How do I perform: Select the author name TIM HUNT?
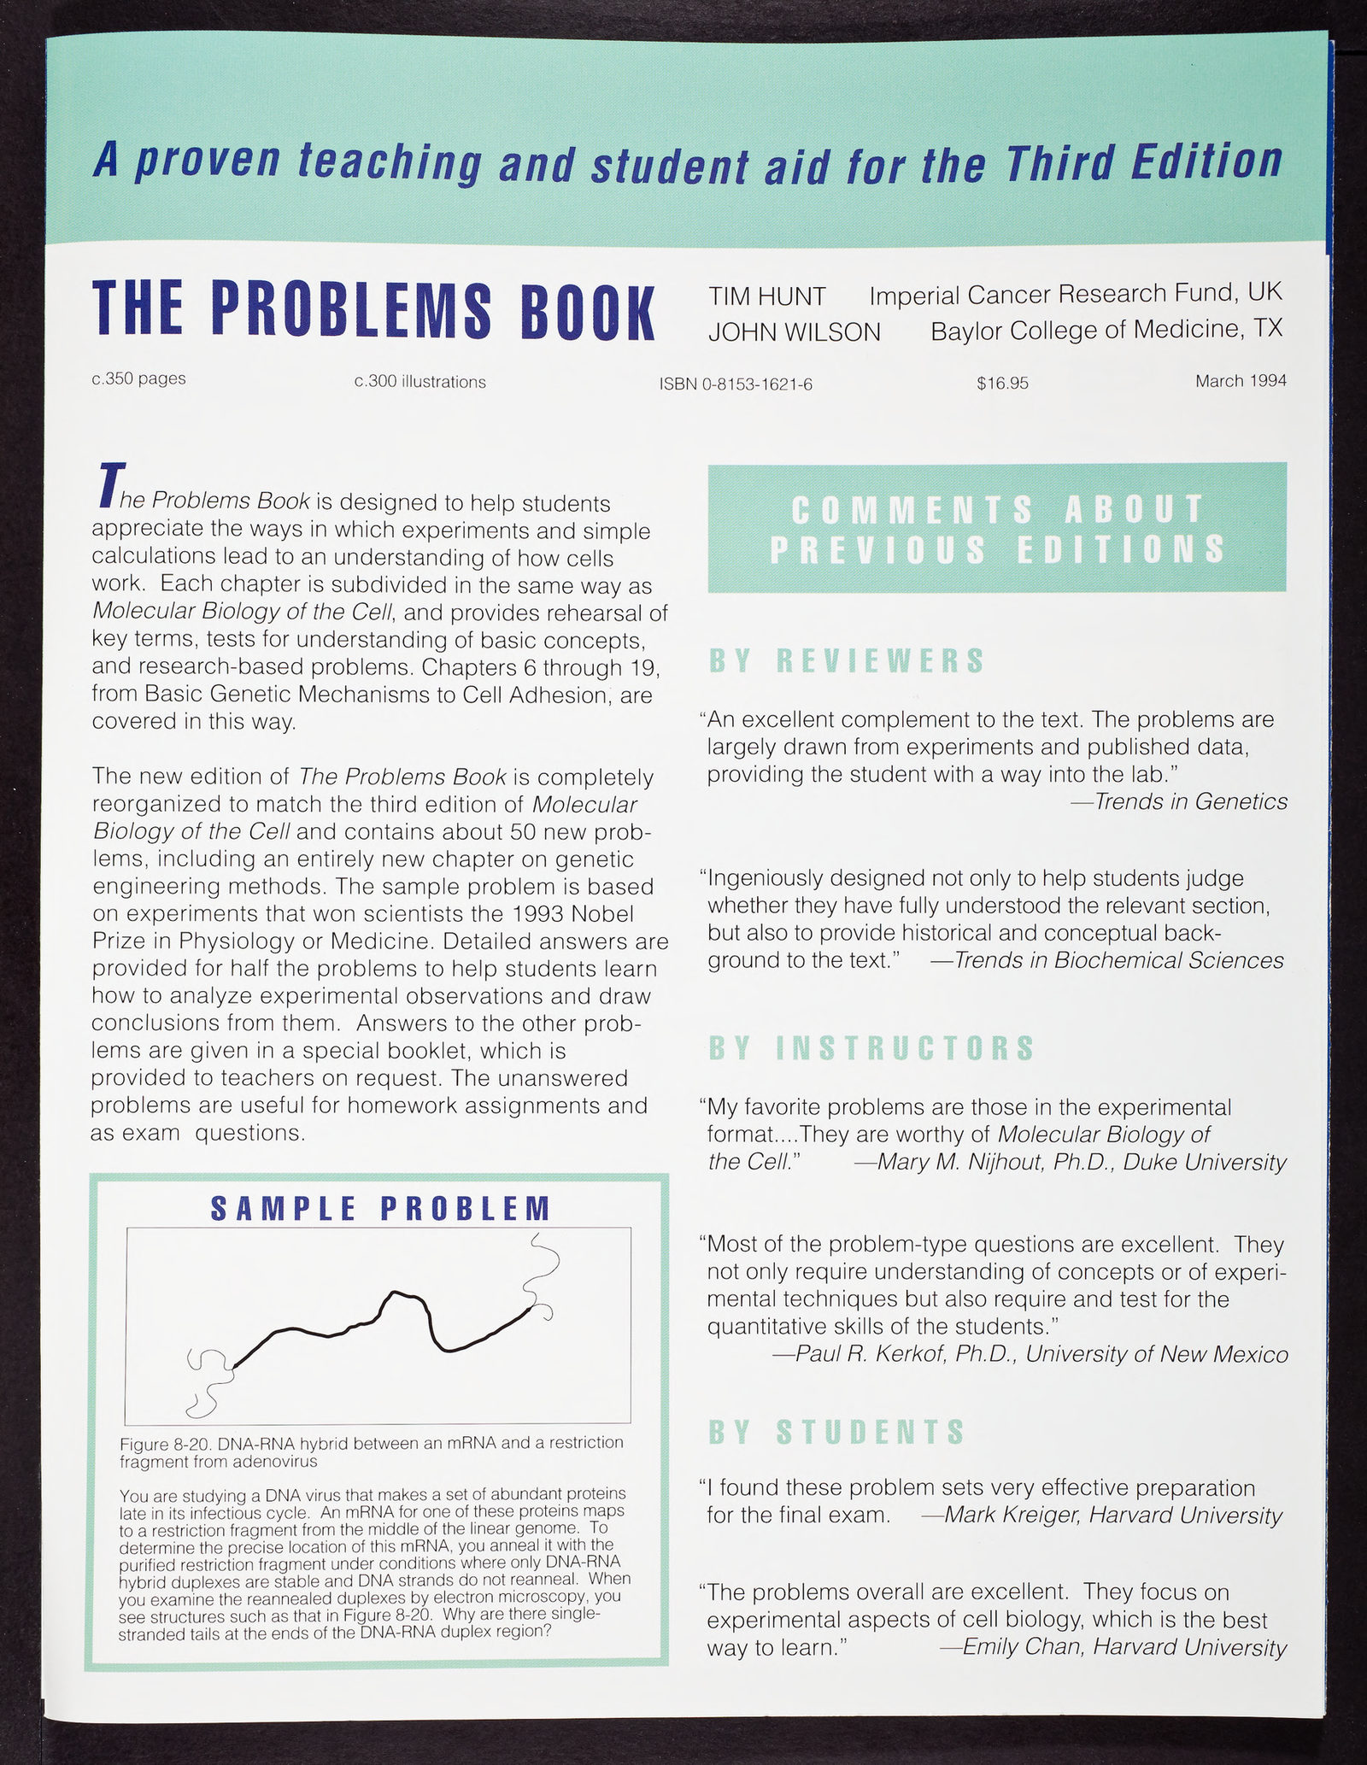pos(766,296)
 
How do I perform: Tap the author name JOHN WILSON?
pos(794,332)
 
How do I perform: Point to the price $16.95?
pos(1002,384)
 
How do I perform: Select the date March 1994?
pos(1241,381)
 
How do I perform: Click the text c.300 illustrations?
pos(419,382)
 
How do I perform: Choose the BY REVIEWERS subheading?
pos(847,662)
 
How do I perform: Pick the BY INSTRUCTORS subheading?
pos(871,1048)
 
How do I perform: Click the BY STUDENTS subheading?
pos(836,1432)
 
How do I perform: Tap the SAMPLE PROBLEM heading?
pos(380,1209)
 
